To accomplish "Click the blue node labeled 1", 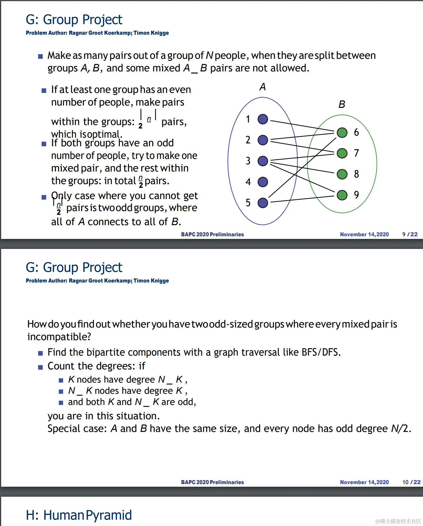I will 263,119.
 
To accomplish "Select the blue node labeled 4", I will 263,182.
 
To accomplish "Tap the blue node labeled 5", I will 263,203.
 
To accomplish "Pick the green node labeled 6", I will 342,133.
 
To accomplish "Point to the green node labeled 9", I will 342,195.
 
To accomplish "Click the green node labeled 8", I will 342,174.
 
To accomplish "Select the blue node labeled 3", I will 263,161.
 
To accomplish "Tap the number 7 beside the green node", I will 356,153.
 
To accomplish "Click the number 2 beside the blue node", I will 248,140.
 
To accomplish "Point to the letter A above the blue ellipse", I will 263,87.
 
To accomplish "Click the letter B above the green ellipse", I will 342,104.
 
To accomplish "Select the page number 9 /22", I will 410,234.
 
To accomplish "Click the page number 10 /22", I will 411,482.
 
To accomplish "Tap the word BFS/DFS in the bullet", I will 321,352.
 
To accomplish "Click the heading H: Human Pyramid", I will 79,515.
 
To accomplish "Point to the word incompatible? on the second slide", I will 59,337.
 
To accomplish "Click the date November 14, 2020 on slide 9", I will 364,234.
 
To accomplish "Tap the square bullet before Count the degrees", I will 40,367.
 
